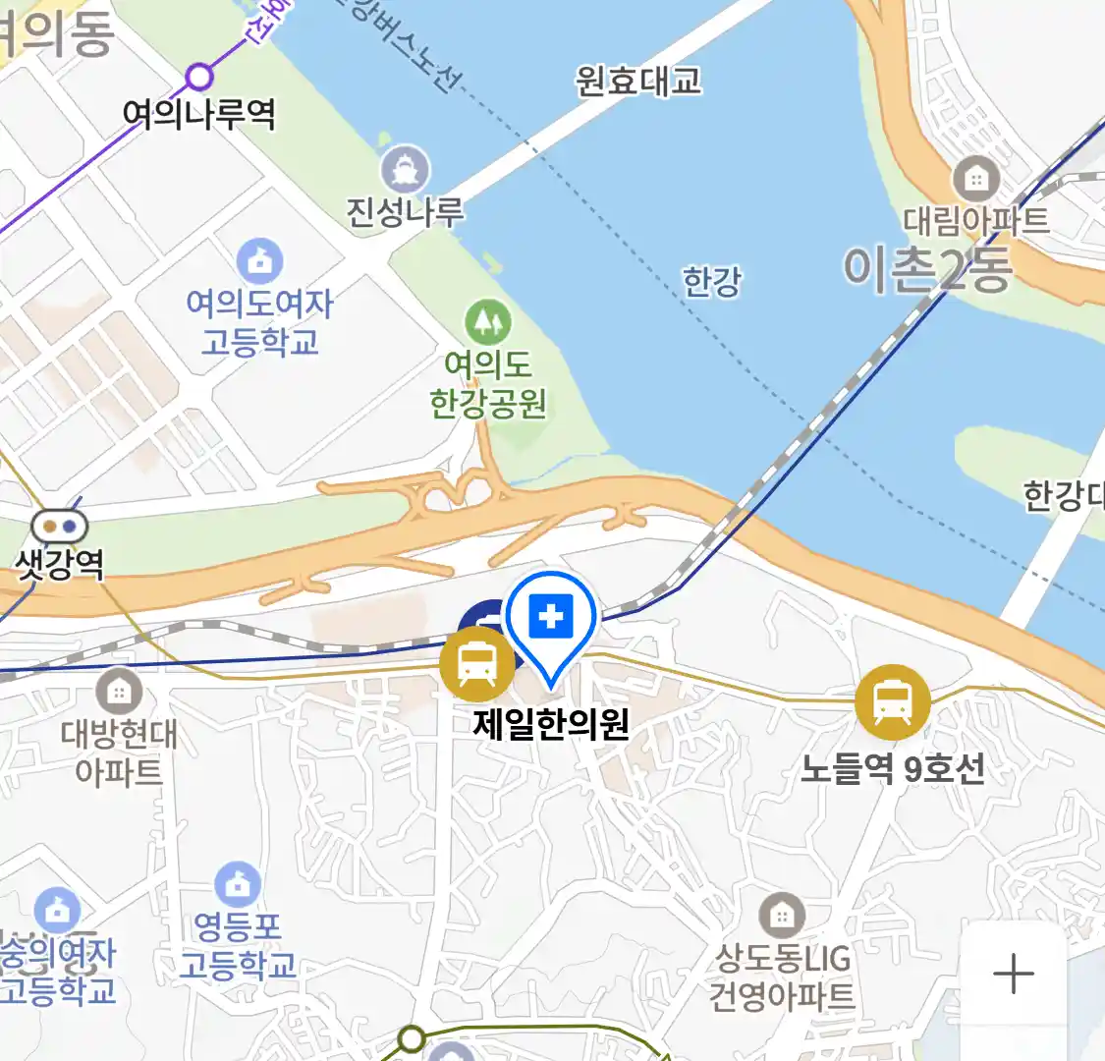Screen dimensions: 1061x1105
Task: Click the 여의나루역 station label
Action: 198,114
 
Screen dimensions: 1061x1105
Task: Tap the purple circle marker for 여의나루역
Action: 199,76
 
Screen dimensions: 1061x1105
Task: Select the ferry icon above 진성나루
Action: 405,169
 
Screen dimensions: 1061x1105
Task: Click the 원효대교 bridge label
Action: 638,81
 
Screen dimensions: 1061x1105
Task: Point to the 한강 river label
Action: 712,282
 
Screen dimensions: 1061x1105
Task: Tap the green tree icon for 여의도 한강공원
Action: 488,320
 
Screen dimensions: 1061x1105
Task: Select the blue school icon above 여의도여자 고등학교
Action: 260,261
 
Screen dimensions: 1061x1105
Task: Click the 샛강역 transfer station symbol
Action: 59,527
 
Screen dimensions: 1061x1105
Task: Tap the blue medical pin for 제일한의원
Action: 551,619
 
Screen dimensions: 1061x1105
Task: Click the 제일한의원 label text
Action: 551,724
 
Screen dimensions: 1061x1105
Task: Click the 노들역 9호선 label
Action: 892,768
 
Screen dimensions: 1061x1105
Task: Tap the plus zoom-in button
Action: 1013,975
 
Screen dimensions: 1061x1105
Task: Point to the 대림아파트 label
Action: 975,220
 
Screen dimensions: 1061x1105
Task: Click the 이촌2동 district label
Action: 927,268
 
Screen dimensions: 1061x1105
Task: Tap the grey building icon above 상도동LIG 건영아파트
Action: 782,917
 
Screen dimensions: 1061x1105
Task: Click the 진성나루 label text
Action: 405,211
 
